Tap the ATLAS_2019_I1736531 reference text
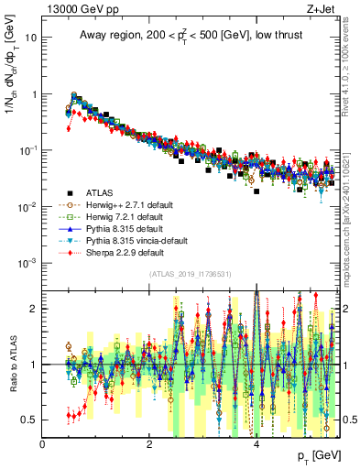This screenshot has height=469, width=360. click(x=190, y=274)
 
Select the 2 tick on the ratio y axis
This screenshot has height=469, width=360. click(x=33, y=309)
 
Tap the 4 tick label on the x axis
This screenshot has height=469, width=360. click(x=256, y=444)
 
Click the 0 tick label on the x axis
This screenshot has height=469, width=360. click(x=42, y=444)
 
